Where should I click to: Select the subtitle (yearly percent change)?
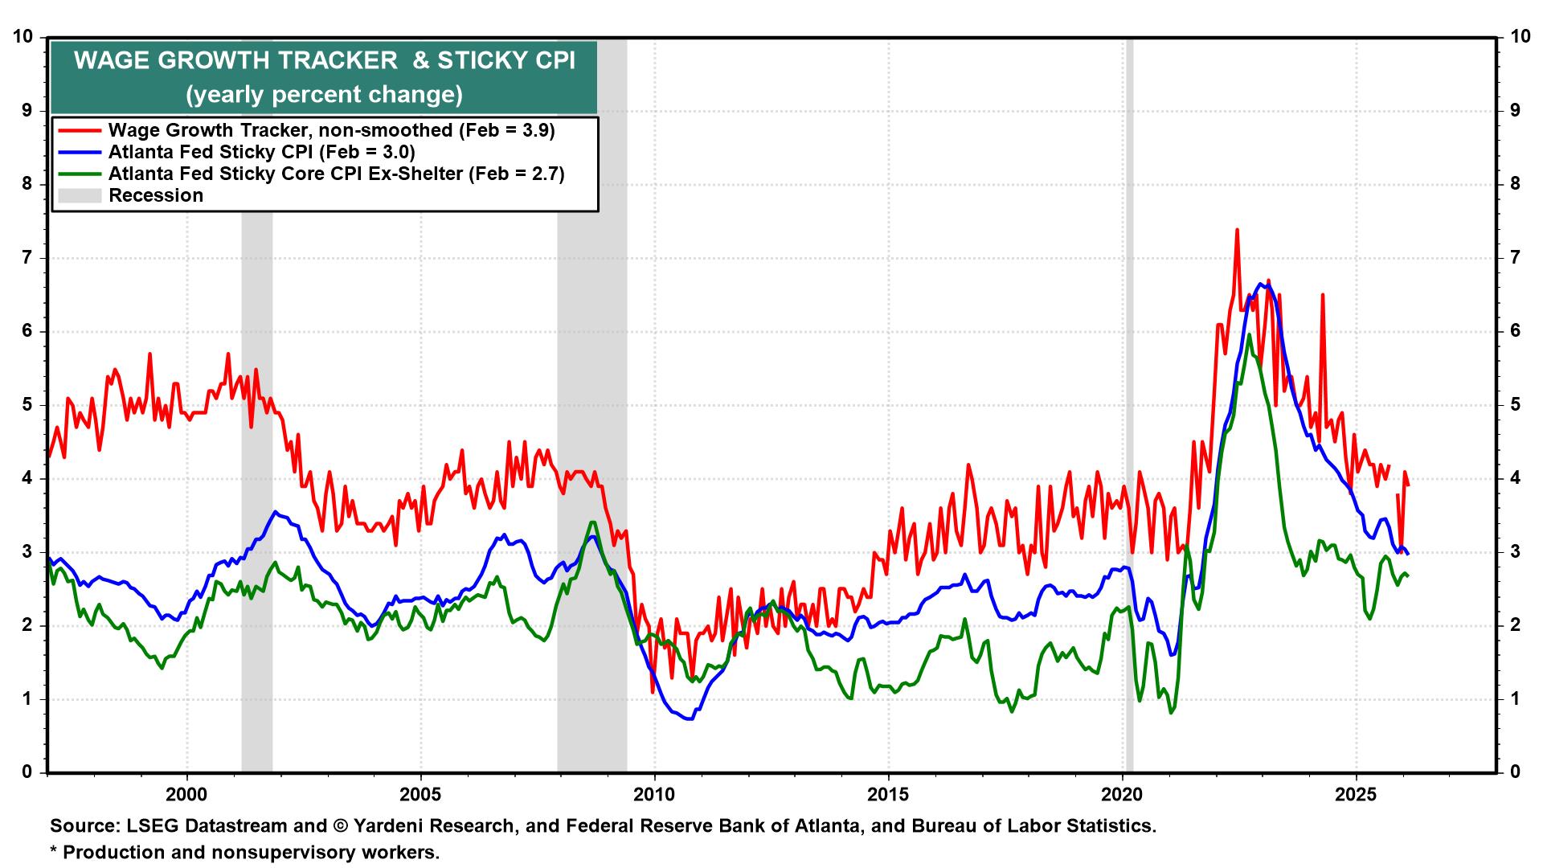tap(324, 95)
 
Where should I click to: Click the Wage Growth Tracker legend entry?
tap(331, 130)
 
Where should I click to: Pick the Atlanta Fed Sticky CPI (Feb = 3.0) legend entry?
tap(261, 152)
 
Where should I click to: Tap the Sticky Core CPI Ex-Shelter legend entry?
tap(336, 174)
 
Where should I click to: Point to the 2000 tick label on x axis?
tap(186, 795)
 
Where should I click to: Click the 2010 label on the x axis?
tap(654, 795)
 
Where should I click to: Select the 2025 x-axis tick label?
tap(1357, 795)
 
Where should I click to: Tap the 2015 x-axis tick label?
tap(888, 795)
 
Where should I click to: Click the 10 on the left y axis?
tap(23, 37)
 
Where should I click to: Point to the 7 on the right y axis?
tap(1515, 258)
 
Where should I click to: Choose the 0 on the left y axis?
tap(27, 772)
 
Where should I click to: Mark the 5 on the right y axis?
tap(1515, 405)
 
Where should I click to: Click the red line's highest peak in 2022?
tap(1237, 231)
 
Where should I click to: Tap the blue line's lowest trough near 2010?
tap(689, 719)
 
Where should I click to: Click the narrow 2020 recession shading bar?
tap(1129, 402)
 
